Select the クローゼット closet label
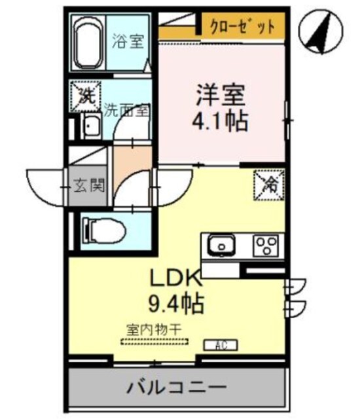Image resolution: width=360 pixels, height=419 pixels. [x=242, y=27]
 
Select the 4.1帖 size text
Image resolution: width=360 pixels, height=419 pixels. [x=220, y=121]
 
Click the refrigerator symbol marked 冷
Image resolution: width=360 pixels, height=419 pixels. [x=268, y=183]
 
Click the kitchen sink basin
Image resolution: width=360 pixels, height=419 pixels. [x=223, y=246]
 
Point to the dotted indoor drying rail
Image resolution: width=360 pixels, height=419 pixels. [x=154, y=340]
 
